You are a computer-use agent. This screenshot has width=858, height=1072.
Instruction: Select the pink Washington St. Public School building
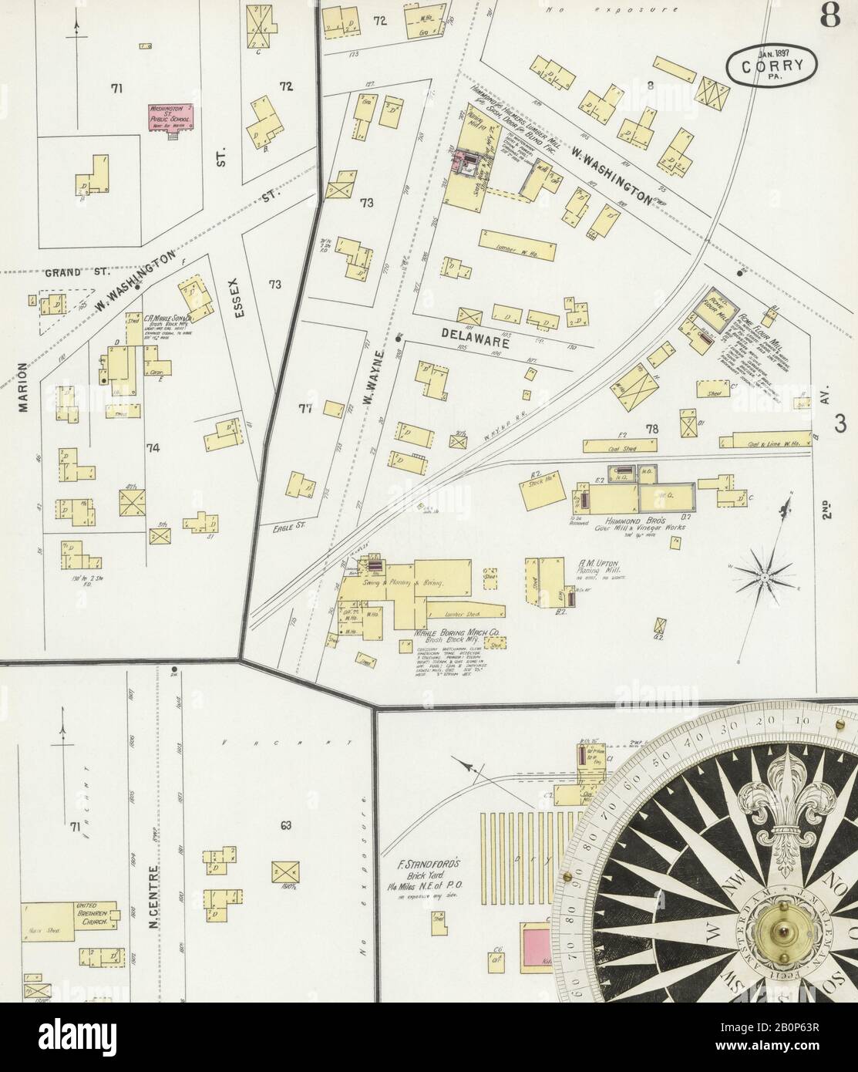[x=171, y=119]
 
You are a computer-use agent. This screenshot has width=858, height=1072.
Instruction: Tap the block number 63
[x=286, y=827]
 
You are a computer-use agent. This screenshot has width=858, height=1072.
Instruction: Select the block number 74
[x=153, y=447]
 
